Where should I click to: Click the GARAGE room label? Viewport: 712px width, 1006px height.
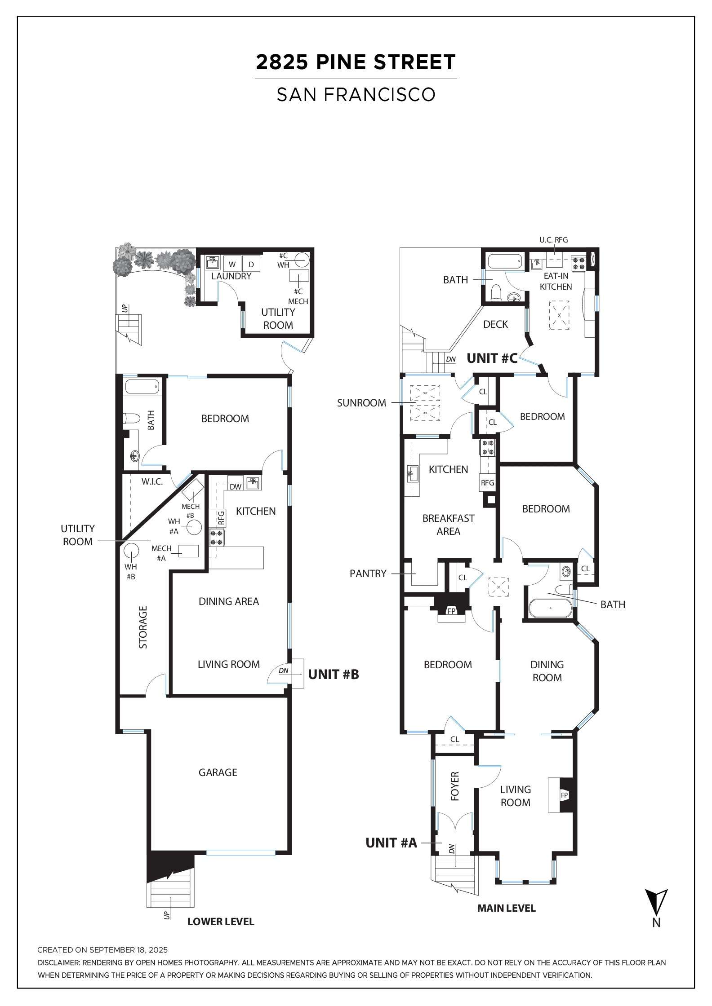tap(218, 772)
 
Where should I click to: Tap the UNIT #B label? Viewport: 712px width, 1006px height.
tap(333, 674)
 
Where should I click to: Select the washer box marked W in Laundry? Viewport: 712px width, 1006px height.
tap(232, 265)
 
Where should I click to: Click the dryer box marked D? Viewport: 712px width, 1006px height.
tap(251, 265)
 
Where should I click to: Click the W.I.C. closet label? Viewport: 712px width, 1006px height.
tap(152, 482)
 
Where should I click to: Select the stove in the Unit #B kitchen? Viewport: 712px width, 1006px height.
tap(217, 537)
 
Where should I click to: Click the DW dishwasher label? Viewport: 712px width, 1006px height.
tap(235, 486)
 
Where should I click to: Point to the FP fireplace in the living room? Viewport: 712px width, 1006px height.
tap(565, 795)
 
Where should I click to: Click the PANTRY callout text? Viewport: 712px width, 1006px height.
tap(368, 574)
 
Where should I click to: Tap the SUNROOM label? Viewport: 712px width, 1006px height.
tap(361, 403)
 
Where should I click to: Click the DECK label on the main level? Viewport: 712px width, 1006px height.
tap(495, 324)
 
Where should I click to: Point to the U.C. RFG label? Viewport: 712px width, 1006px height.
tap(553, 240)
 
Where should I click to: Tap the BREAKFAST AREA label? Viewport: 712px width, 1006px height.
tap(448, 525)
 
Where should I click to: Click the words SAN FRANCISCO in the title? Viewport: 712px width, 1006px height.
tap(356, 94)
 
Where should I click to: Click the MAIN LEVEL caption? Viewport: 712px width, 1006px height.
tap(506, 908)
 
